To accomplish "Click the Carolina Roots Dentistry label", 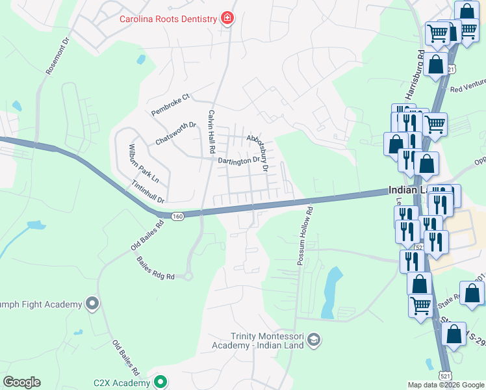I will click(x=168, y=18).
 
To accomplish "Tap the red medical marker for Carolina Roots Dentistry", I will click(x=227, y=18).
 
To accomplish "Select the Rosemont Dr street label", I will click(x=57, y=55).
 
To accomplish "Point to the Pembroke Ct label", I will click(x=170, y=105).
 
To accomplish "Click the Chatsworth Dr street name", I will click(x=175, y=134).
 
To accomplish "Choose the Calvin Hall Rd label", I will click(x=211, y=131).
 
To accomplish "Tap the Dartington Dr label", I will click(x=238, y=160).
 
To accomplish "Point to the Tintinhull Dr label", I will click(x=148, y=192).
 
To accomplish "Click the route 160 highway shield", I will click(x=177, y=216).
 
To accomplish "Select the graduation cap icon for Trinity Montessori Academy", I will click(x=314, y=339).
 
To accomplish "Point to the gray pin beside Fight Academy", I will click(x=92, y=303).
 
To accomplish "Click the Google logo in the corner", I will click(x=21, y=382).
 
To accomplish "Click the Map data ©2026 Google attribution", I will click(x=446, y=385).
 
